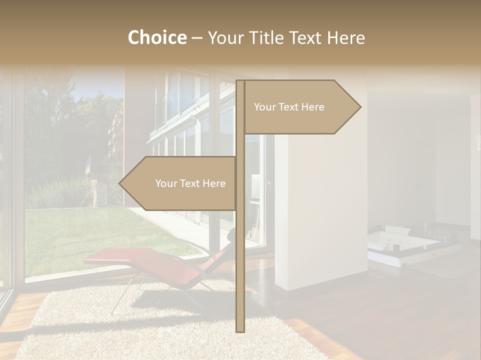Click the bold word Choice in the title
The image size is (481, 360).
[157, 37]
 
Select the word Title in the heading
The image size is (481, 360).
[266, 37]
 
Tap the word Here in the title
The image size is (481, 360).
[346, 37]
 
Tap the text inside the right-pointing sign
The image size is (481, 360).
[289, 107]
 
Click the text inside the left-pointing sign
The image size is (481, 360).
[190, 183]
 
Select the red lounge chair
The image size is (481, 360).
[150, 262]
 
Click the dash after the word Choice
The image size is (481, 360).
[197, 38]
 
